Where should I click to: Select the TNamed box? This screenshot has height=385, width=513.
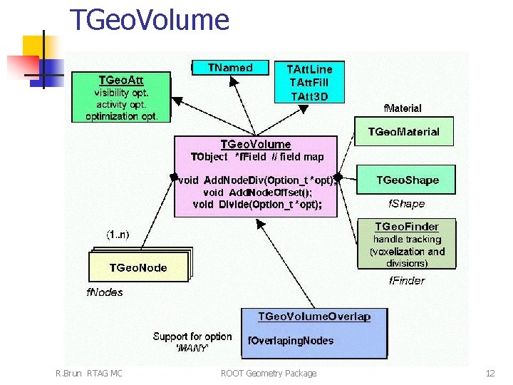click(231, 68)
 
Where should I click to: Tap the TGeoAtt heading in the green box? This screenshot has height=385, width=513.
click(125, 79)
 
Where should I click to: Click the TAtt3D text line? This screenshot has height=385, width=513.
click(309, 96)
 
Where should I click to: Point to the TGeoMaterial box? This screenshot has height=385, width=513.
click(403, 132)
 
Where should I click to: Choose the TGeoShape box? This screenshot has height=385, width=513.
click(407, 180)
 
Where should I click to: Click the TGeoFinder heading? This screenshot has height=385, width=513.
click(407, 227)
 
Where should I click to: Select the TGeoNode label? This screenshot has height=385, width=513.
click(138, 267)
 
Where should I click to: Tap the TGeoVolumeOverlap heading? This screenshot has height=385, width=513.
click(314, 317)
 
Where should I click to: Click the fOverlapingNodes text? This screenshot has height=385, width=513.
click(291, 341)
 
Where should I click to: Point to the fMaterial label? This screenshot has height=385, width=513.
click(403, 108)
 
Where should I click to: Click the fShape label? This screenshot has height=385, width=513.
click(405, 204)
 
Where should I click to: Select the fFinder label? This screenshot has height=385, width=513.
click(406, 281)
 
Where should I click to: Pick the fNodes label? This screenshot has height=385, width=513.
click(105, 292)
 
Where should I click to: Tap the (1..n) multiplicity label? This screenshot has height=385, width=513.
click(118, 234)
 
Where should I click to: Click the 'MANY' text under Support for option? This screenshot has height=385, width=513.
click(192, 349)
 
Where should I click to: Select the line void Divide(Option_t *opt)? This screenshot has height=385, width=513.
click(257, 205)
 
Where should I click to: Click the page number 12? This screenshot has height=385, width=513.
click(489, 373)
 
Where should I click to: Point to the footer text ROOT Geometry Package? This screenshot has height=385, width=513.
click(269, 373)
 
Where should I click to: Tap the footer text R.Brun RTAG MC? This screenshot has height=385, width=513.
click(88, 373)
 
